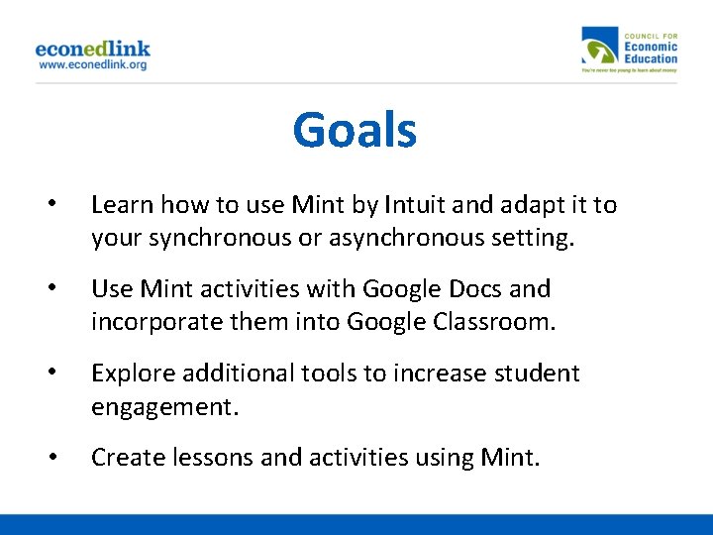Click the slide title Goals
pyautogui.click(x=355, y=131)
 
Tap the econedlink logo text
pyautogui.click(x=92, y=49)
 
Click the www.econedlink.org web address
pyautogui.click(x=92, y=64)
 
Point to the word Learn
pyautogui.click(x=122, y=205)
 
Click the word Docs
pyautogui.click(x=481, y=289)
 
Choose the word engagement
pyautogui.click(x=163, y=407)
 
